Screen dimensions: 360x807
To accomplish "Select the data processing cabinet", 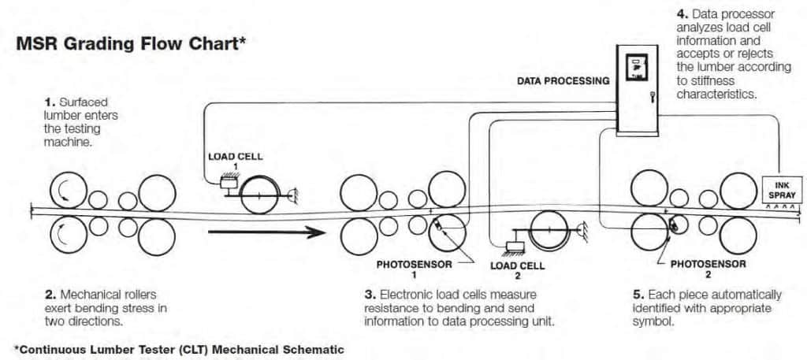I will pyautogui.click(x=637, y=87).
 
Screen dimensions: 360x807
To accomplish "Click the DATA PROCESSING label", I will pyautogui.click(x=563, y=80).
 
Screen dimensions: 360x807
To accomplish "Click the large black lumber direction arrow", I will pyautogui.click(x=267, y=232).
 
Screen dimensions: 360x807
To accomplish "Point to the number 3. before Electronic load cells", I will pyautogui.click(x=369, y=295).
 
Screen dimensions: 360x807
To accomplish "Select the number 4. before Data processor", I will pyautogui.click(x=682, y=13).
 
